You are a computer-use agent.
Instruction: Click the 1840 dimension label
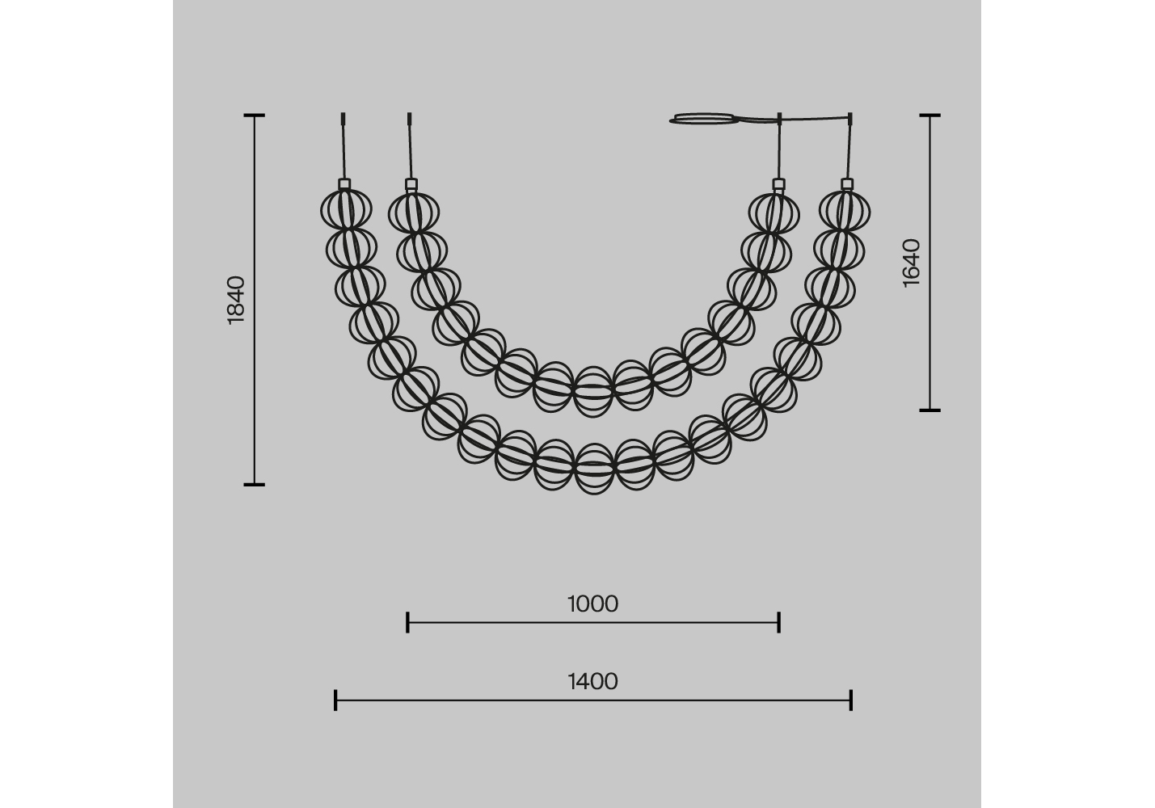click(x=236, y=300)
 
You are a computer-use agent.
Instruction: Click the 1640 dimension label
click(x=912, y=263)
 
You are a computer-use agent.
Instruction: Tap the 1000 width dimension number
click(x=592, y=604)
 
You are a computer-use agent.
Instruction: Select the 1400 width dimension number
click(x=592, y=682)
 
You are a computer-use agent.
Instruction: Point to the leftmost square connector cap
click(x=344, y=184)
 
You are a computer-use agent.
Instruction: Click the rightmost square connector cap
click(x=847, y=184)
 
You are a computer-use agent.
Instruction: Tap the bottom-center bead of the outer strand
click(x=594, y=469)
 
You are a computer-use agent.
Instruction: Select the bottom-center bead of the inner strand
click(x=593, y=392)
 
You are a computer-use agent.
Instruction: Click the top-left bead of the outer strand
click(x=346, y=210)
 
